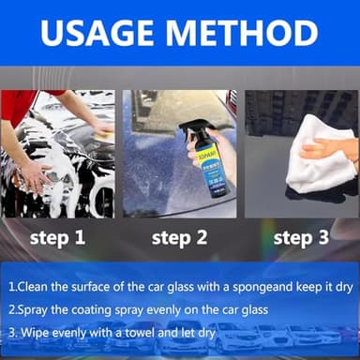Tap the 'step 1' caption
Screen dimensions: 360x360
click(57, 238)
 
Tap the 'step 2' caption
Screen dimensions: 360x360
click(179, 238)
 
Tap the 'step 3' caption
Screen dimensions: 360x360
click(301, 238)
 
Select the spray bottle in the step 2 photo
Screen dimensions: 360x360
click(207, 159)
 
